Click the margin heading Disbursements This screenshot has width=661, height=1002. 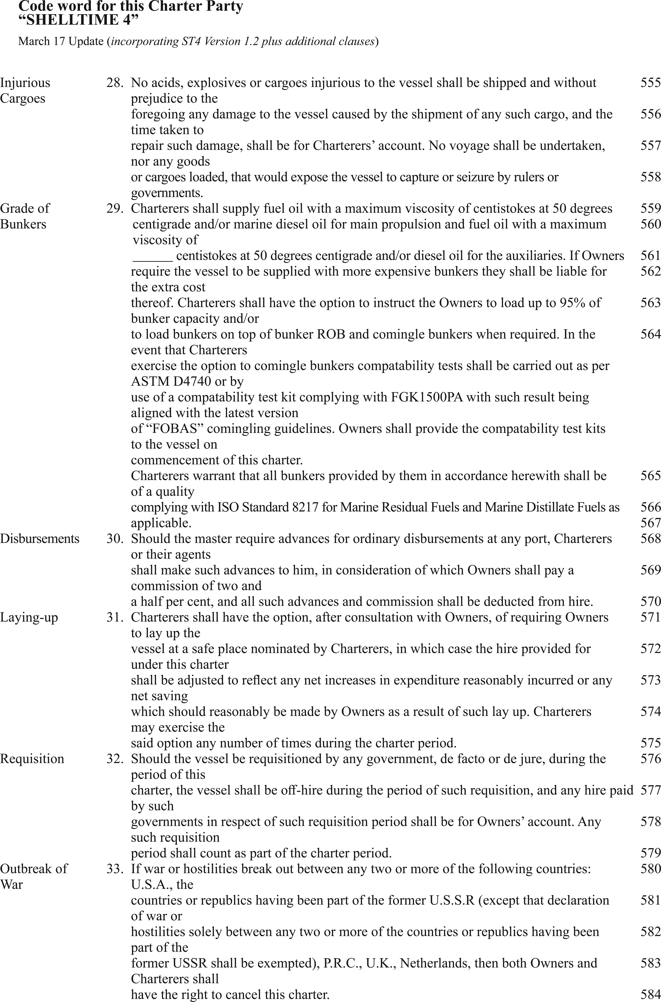(40, 539)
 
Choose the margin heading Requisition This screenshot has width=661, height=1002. (32, 759)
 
